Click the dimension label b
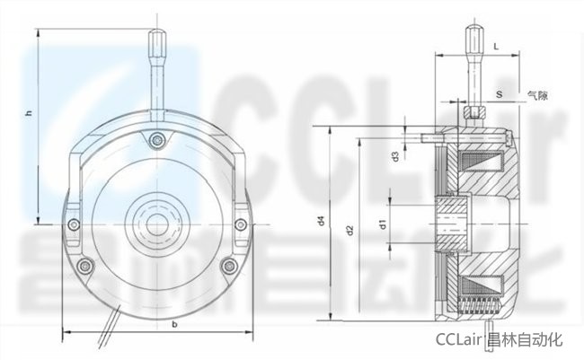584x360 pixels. click(174, 324)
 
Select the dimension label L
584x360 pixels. click(496, 47)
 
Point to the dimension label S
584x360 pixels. click(499, 94)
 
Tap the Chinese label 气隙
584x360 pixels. click(537, 95)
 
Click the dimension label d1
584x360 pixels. click(383, 224)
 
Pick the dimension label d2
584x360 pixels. click(350, 230)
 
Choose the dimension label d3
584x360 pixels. click(395, 157)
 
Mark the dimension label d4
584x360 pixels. click(322, 221)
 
